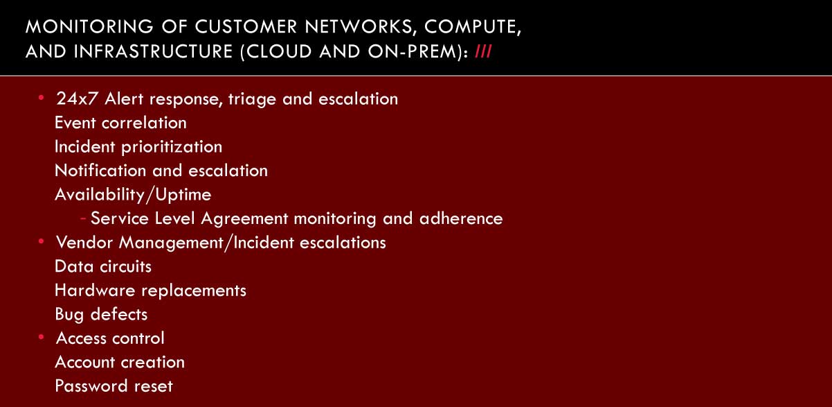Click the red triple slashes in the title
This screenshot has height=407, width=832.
click(x=483, y=51)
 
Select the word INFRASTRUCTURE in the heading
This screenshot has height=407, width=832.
click(x=153, y=51)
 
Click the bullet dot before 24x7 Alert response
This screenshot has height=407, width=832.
click(x=42, y=98)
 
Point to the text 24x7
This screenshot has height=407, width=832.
click(x=78, y=99)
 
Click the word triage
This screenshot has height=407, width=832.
click(x=252, y=100)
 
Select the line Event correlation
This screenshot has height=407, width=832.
click(x=120, y=123)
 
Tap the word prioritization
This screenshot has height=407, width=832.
click(x=172, y=147)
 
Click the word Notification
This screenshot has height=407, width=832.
click(x=100, y=171)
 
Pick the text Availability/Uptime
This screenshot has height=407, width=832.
click(x=133, y=195)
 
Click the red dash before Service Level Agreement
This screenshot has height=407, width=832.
click(x=83, y=218)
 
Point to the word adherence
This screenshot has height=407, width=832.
click(x=461, y=218)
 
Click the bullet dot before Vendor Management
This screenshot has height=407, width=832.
click(x=42, y=241)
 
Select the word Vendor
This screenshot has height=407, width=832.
click(x=84, y=243)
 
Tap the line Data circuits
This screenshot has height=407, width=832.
click(x=103, y=267)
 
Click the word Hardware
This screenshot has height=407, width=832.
click(x=95, y=291)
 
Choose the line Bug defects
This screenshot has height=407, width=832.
click(x=101, y=315)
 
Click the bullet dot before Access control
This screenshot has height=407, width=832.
click(x=42, y=337)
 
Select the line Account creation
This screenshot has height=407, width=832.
click(x=120, y=363)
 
